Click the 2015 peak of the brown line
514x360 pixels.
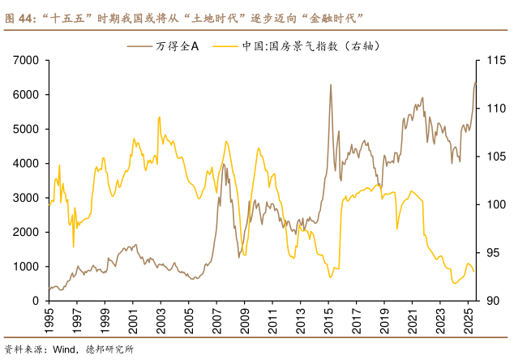pos(330,85)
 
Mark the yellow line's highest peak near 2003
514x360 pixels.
pos(159,117)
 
